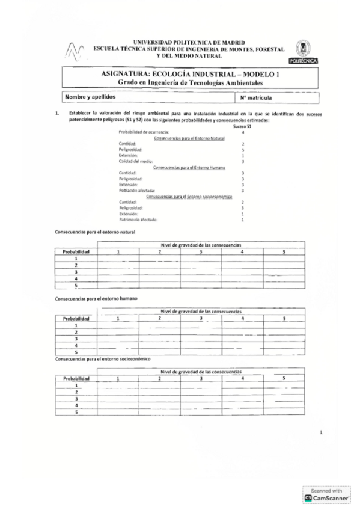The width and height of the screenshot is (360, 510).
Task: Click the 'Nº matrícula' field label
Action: pos(257,97)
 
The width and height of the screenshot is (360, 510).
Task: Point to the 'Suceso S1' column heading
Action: pos(241,127)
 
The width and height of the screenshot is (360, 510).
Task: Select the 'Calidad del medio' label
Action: pos(136,161)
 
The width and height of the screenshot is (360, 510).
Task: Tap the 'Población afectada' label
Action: pos(138,191)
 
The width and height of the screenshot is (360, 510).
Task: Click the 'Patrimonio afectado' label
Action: pos(139,220)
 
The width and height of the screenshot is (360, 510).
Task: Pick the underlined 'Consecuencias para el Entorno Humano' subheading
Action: pos(185,167)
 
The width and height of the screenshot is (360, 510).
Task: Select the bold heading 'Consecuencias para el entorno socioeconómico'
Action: pos(102,359)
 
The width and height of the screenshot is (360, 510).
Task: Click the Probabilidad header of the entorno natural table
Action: pos(76,251)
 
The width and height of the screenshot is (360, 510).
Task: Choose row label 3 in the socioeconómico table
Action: pos(76,398)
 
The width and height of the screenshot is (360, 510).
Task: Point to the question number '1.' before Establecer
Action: pos(56,112)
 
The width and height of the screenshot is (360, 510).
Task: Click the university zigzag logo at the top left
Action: pos(75,52)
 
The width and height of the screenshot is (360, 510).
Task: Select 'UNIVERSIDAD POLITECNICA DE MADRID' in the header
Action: pos(180,42)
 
